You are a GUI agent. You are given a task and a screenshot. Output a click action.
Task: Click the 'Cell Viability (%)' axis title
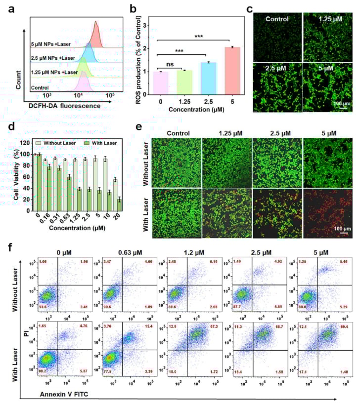click(x=20, y=180)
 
